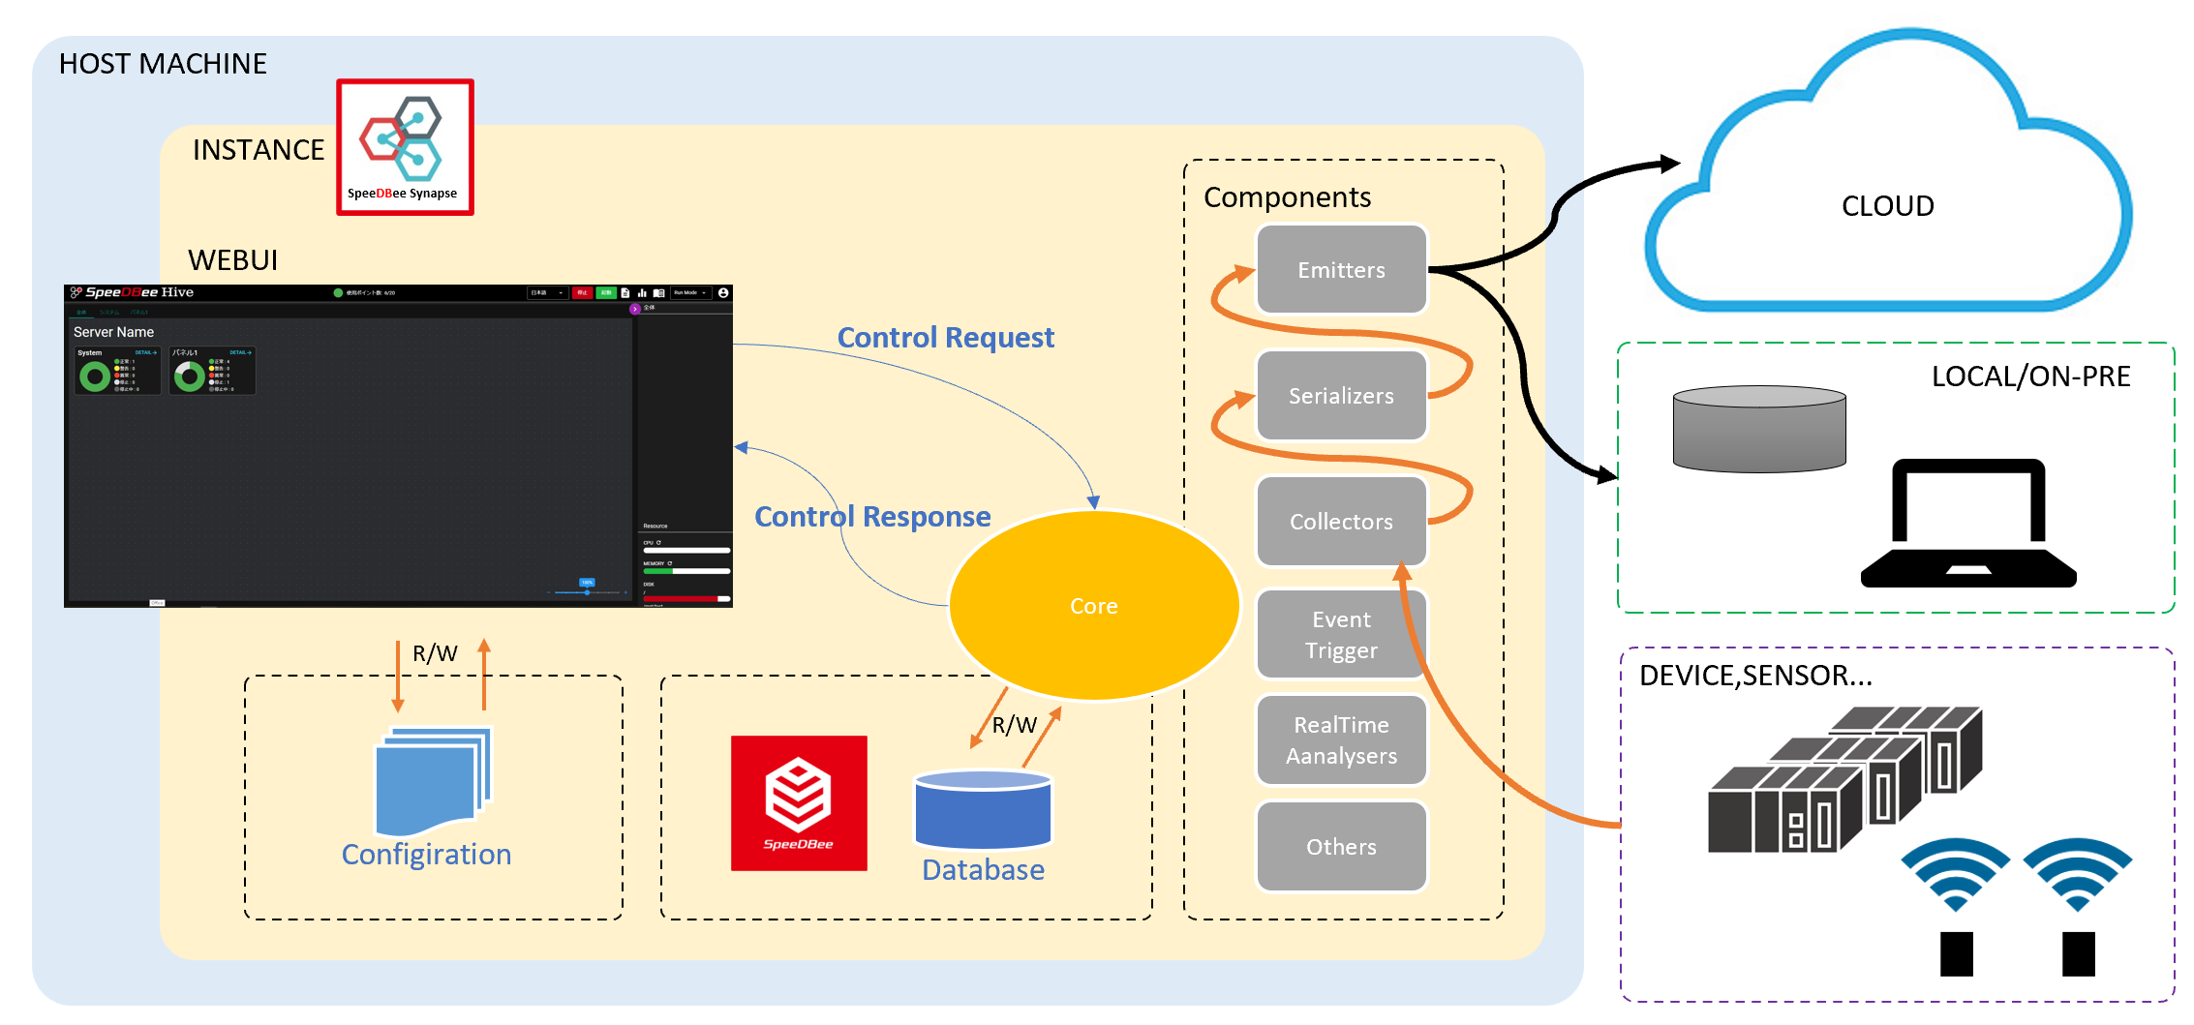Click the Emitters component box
coord(1341,270)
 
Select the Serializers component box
coord(1341,396)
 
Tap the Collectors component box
coord(1341,522)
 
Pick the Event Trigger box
coord(1341,635)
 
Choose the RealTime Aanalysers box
coord(1341,740)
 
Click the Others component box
coord(1341,847)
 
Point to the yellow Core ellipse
coord(1094,606)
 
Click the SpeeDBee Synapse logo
coord(405,147)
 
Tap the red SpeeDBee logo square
coord(799,803)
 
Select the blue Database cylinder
coord(983,810)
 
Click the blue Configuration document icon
coord(432,782)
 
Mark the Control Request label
coord(945,338)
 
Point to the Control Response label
coord(872,517)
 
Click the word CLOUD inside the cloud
coord(1887,206)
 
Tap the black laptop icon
coord(1968,524)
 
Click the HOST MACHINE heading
coord(163,64)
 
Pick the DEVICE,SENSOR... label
coord(1755,676)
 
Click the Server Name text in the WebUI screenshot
coord(113,332)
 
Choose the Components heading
coord(1287,197)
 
